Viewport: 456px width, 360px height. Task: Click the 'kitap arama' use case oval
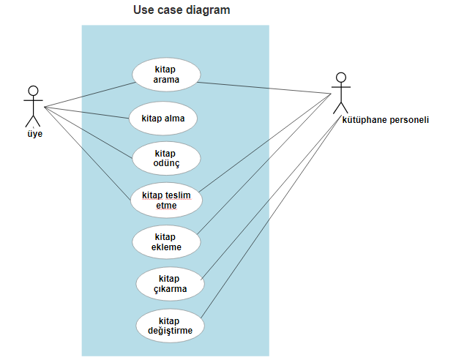tap(165, 74)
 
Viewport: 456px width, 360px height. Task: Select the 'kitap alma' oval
tap(163, 117)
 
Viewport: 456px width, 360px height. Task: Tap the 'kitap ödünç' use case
tap(165, 158)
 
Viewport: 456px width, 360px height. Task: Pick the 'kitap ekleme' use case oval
tap(166, 241)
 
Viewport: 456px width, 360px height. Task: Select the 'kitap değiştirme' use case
tap(169, 325)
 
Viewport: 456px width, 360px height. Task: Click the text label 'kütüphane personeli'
tap(385, 120)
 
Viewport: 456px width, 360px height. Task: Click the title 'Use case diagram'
tap(181, 10)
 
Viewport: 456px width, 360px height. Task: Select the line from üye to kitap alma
tap(88, 112)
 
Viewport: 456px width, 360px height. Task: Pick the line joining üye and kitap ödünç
tap(88, 132)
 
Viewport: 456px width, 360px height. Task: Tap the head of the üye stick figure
tap(32, 91)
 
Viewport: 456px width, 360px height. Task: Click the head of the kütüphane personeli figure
tap(340, 77)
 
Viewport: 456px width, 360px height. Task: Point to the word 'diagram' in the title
tap(209, 10)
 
